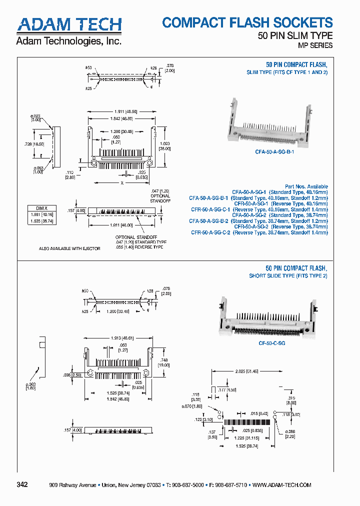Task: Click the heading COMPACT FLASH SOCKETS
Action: (247, 22)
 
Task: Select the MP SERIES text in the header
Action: (315, 45)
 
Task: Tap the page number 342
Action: (22, 484)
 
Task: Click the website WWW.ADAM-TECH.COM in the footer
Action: (282, 485)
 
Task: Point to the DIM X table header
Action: (42, 208)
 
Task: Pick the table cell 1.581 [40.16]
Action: (42, 214)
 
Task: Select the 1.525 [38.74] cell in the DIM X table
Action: (42, 220)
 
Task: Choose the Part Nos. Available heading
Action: (306, 186)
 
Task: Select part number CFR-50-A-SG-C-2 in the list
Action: (210, 232)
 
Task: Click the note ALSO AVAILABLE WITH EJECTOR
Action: (69, 248)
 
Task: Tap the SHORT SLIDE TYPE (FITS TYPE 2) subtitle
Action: (288, 276)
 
